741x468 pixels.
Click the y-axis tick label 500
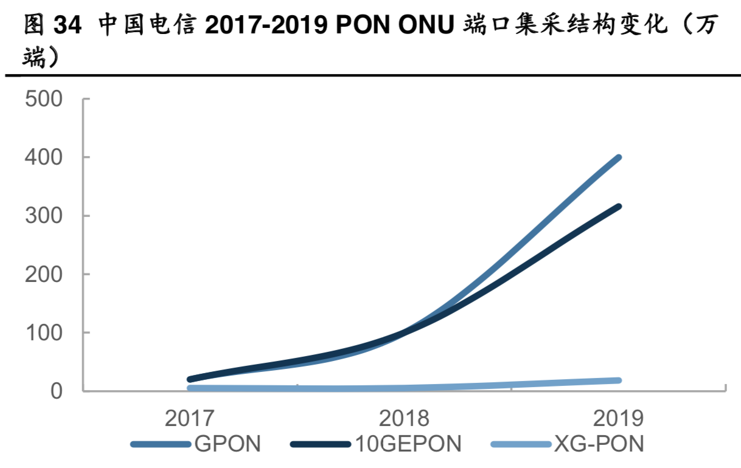[x=44, y=98]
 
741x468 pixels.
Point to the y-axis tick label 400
[x=44, y=157]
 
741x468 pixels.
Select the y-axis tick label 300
[x=44, y=216]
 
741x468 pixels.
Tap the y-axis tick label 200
[x=44, y=274]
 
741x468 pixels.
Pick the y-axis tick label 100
[x=44, y=332]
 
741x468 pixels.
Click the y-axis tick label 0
[x=57, y=391]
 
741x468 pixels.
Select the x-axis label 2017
[x=190, y=419]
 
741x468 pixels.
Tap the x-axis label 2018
[x=404, y=419]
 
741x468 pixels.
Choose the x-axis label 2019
[x=618, y=419]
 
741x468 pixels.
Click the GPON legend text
[x=228, y=444]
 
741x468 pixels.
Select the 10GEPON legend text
[x=408, y=444]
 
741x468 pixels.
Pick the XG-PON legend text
[x=598, y=444]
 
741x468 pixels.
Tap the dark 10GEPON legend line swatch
[x=321, y=444]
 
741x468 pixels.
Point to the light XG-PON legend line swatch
[x=521, y=444]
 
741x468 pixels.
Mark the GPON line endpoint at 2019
[x=618, y=158]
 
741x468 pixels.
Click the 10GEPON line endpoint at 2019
[x=618, y=207]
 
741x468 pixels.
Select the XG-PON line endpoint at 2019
[x=618, y=380]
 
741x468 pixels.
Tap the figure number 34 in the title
[x=68, y=26]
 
